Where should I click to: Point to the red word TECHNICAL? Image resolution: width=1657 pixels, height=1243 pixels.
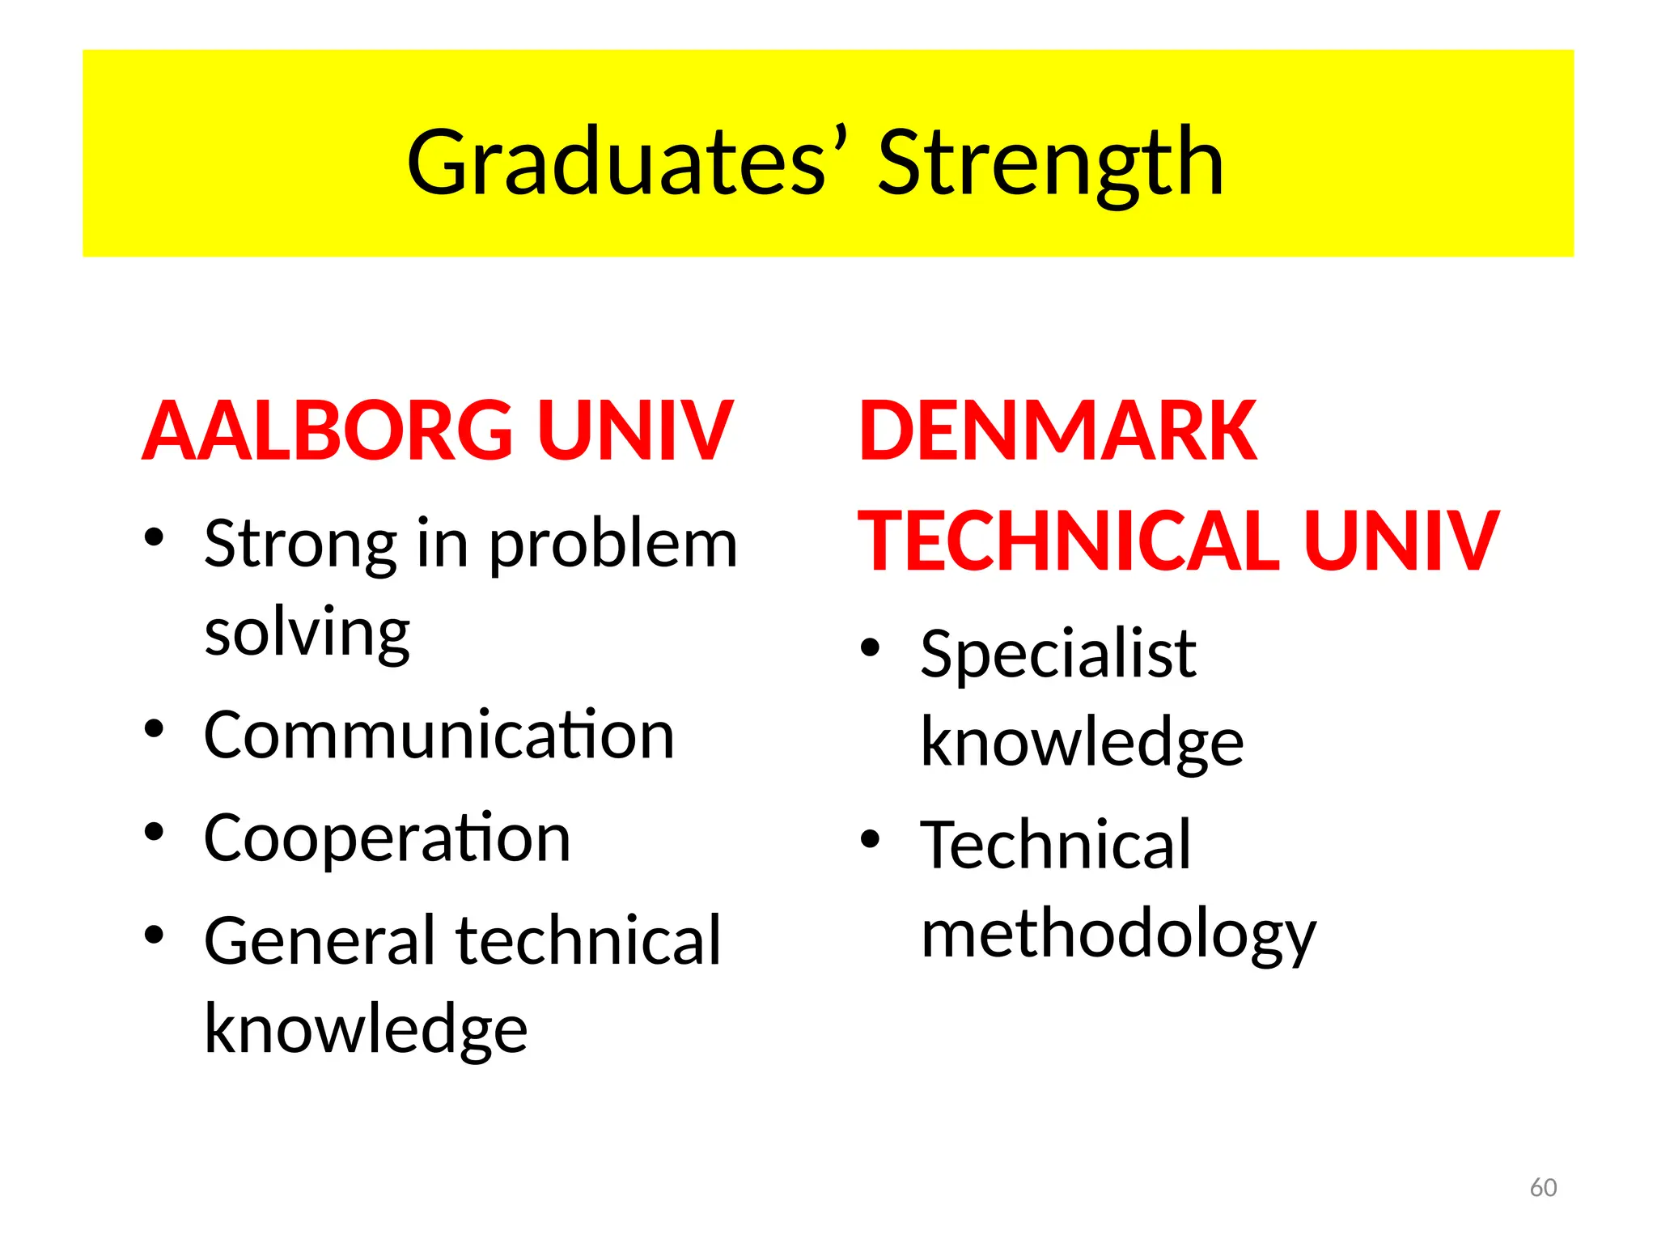click(x=1069, y=541)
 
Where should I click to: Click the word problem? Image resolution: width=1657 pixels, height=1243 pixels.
click(x=613, y=544)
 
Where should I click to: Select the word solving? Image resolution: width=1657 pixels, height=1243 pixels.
click(x=307, y=633)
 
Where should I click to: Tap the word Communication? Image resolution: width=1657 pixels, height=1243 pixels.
click(x=439, y=735)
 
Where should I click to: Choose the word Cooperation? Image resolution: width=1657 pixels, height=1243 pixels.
click(x=387, y=838)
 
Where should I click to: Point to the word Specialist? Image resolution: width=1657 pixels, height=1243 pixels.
click(x=1058, y=654)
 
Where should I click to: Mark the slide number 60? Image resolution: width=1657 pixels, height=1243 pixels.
click(x=1543, y=1187)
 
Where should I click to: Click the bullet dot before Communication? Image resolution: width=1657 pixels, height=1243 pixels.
click(x=154, y=728)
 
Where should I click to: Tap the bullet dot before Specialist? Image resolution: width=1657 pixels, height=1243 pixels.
click(x=870, y=647)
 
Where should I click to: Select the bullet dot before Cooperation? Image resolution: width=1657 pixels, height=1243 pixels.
click(x=154, y=831)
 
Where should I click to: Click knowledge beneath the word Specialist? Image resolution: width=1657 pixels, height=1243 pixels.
click(x=1082, y=741)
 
